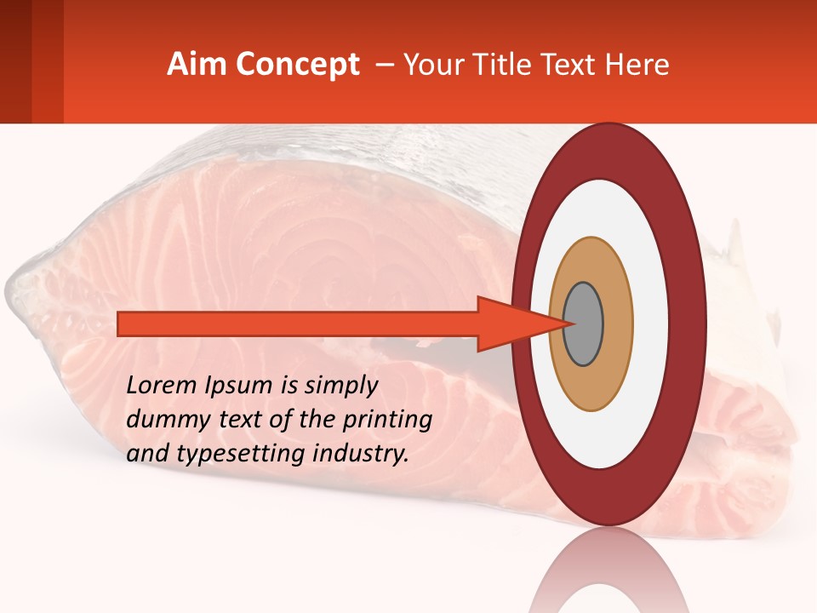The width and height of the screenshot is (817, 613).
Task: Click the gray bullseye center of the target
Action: tap(584, 324)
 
